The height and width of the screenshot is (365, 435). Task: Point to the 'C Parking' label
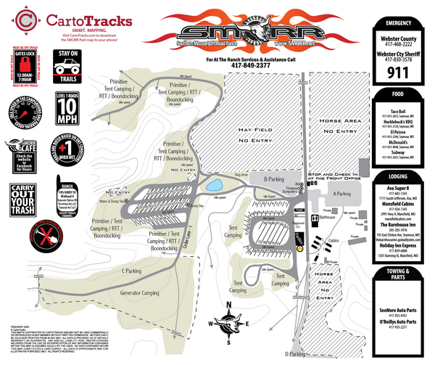[131, 271]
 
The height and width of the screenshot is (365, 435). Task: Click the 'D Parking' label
[297, 353]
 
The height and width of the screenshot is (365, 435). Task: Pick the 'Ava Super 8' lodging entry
[396, 187]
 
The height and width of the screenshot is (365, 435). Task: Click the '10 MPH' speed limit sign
[65, 110]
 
